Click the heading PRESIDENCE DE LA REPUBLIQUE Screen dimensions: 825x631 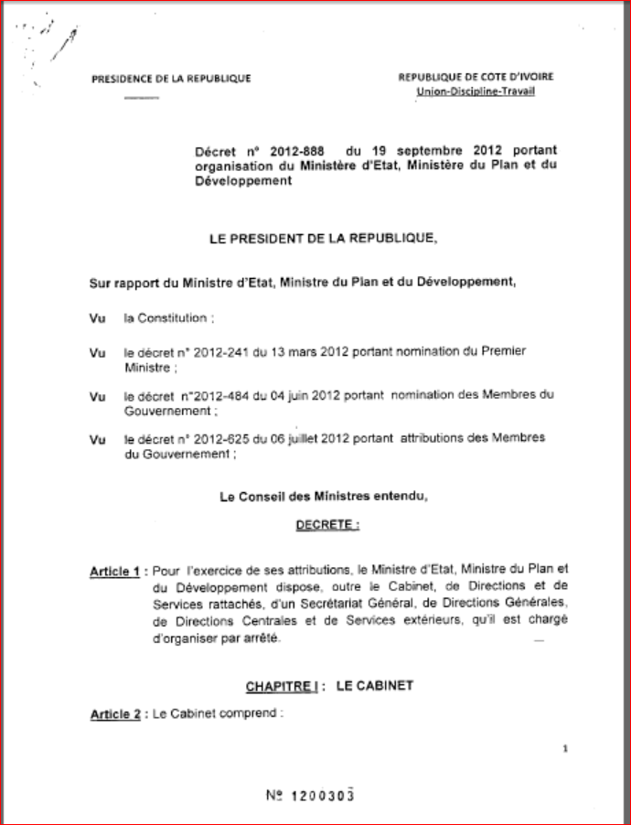point(171,79)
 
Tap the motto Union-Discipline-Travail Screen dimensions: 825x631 point(476,91)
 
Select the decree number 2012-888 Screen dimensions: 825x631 point(288,148)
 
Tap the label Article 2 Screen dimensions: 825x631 point(114,714)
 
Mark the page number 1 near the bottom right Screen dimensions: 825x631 point(566,748)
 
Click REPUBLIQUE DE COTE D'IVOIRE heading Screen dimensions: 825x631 point(476,78)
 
